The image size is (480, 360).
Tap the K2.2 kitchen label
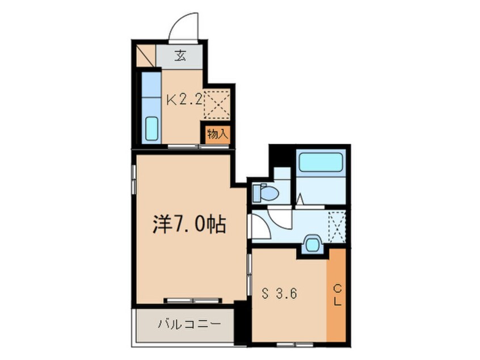pos(184,100)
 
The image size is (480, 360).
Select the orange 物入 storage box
pos(217,134)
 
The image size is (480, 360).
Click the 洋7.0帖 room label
pos(189,225)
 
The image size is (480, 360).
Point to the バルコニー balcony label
pos(189,324)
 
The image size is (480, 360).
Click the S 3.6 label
pos(279,294)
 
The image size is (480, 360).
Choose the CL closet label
pos(337,295)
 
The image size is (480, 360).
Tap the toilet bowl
pos(266,193)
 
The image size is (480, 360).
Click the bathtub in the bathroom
pos(321,162)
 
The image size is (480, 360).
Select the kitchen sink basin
pos(151,129)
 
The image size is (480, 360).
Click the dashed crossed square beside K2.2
pos(217,104)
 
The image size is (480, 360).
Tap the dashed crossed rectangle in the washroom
pos(336,227)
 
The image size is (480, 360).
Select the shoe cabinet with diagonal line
pos(146,56)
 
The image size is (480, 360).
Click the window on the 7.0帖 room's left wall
pos(133,179)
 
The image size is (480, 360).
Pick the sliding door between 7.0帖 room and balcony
pos(193,300)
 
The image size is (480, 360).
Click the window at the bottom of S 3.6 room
pos(296,344)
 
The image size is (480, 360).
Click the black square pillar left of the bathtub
pos(281,156)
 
